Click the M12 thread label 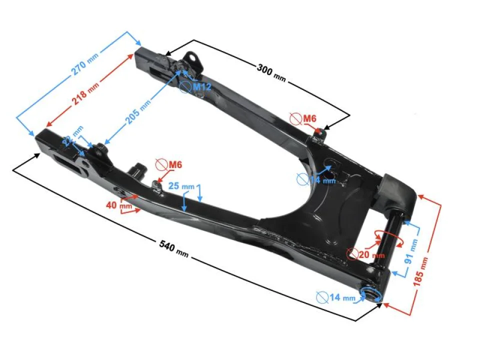pyautogui.click(x=202, y=87)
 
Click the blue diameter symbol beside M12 pyautogui.click(x=185, y=87)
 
